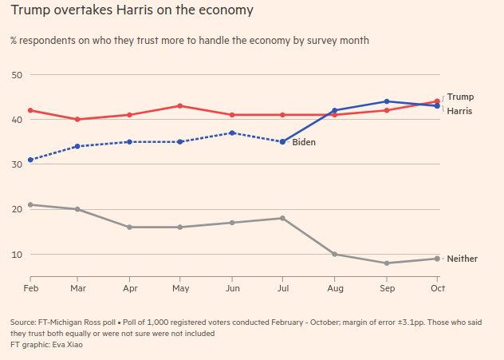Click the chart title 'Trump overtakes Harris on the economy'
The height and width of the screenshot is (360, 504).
coord(132,11)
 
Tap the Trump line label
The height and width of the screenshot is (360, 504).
coord(459,97)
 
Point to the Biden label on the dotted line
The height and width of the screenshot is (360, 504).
coord(304,142)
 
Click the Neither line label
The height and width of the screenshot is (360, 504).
coord(462,259)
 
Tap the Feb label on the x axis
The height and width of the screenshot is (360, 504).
coord(30,287)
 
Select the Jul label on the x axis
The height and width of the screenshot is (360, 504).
coord(283,287)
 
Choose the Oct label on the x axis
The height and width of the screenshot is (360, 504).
coord(437,287)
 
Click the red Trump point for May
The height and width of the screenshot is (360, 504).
coord(180,106)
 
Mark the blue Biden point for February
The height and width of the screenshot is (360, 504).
coord(30,160)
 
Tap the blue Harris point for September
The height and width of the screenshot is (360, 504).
coord(387,101)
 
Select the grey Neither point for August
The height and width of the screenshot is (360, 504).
coord(335,255)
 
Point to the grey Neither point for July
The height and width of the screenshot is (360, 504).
coord(283,218)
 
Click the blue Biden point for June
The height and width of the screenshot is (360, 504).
coord(231,133)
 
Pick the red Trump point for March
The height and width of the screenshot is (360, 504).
coord(77,120)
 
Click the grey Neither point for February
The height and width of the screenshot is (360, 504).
coord(30,205)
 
